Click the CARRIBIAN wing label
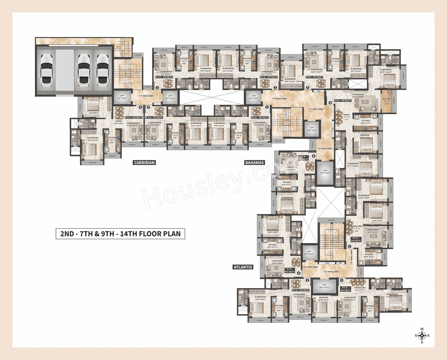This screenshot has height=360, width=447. tap(144, 163)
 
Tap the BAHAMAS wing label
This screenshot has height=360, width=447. tap(254, 163)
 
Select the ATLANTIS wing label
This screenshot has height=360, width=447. tap(243, 267)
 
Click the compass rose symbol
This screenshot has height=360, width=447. tap(422, 336)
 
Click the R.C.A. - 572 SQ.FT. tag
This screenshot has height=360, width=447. tap(314, 77)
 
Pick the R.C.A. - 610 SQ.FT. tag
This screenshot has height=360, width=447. tap(133, 117)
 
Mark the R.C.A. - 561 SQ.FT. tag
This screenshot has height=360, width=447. tap(345, 289)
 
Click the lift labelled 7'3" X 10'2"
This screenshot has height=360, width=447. tap(325, 172)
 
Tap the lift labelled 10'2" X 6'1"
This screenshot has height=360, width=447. tap(324, 286)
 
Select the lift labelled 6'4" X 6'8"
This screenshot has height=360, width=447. tap(312, 129)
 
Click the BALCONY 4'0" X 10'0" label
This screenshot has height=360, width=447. tap(387, 101)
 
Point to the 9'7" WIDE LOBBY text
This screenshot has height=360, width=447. tap(316, 109)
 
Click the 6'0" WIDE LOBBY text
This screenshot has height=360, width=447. tap(331, 272)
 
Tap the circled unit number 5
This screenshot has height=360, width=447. tap(313, 156)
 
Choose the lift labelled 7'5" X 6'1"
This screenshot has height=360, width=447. tap(122, 97)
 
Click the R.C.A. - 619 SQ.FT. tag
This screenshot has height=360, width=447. tap(356, 240)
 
